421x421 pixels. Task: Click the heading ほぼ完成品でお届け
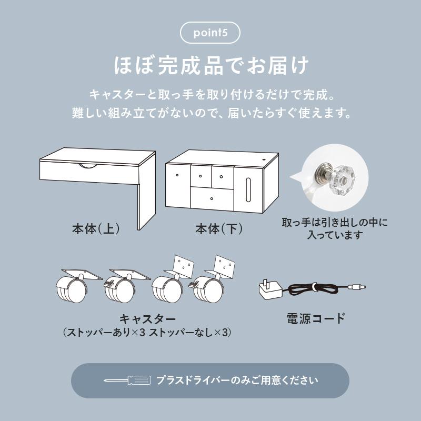210,67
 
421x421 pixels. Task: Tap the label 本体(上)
96,229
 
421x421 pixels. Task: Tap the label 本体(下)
219,229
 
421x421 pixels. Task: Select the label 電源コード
316,318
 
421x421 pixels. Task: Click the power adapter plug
269,289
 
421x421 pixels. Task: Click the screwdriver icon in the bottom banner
127,380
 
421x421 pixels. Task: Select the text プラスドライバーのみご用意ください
237,380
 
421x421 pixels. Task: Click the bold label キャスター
147,319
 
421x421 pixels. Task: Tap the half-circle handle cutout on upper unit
88,166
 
